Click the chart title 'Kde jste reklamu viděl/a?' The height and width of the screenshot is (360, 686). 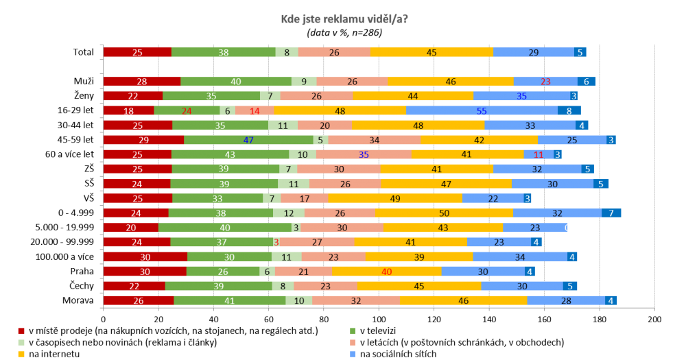click(x=344, y=19)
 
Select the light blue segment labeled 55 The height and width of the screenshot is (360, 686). click(x=482, y=110)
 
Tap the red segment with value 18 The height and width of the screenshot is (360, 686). click(x=128, y=110)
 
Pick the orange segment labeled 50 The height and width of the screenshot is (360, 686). click(x=445, y=213)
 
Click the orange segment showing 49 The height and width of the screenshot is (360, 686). click(x=395, y=198)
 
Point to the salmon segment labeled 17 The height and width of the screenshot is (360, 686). click(x=304, y=198)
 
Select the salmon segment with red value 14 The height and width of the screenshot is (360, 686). click(x=255, y=110)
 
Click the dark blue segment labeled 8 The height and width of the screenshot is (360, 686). click(x=569, y=110)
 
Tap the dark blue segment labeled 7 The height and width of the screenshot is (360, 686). click(x=611, y=213)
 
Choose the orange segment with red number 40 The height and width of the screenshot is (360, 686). click(x=386, y=271)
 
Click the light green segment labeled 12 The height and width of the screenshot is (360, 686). click(x=288, y=213)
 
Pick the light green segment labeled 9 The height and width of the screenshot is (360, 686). click(x=304, y=82)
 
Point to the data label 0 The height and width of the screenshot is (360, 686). click(x=567, y=228)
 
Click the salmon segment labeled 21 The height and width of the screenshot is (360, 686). click(x=303, y=271)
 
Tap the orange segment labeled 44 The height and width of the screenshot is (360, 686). click(x=413, y=96)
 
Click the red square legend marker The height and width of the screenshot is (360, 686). click(x=21, y=331)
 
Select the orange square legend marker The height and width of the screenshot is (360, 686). click(x=21, y=354)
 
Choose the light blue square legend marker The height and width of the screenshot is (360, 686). click(x=353, y=354)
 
